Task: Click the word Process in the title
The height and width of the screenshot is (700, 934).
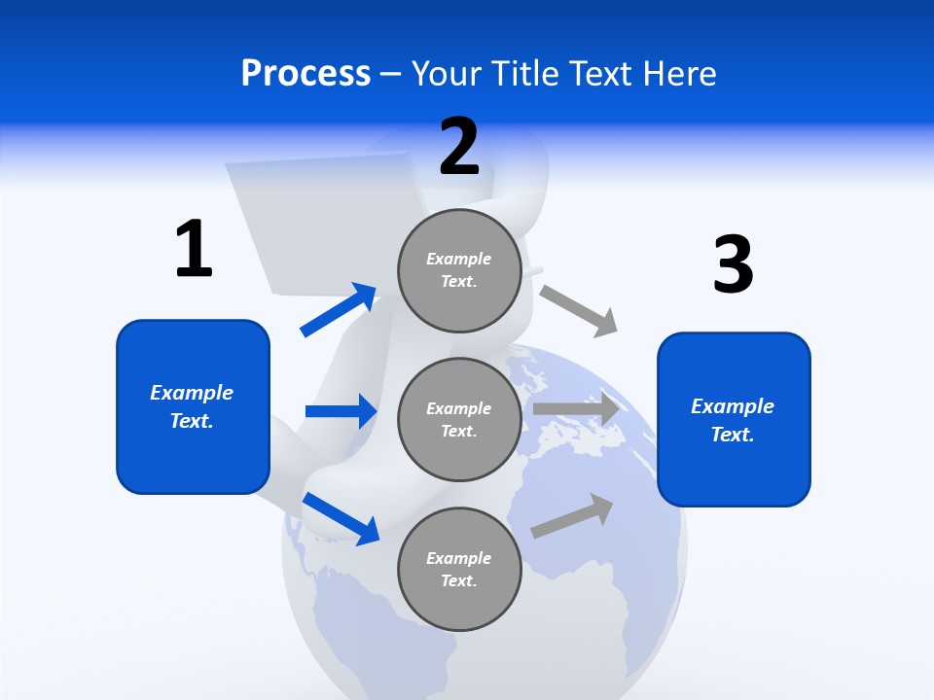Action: (x=305, y=74)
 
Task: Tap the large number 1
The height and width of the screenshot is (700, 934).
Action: (x=194, y=249)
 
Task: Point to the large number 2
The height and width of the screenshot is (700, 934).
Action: (x=459, y=147)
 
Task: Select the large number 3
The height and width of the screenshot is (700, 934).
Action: (x=733, y=264)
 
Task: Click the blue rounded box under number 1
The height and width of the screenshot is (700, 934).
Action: (x=193, y=406)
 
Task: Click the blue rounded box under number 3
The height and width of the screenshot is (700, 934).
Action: (x=734, y=419)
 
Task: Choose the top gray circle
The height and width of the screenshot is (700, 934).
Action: (x=459, y=270)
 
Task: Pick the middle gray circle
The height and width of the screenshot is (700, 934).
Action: (x=459, y=419)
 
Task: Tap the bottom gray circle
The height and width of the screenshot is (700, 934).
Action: (x=459, y=569)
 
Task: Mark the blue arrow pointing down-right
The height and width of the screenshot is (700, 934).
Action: (x=341, y=518)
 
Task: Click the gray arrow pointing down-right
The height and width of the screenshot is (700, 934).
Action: (x=579, y=310)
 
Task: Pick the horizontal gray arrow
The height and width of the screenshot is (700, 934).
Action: (x=576, y=409)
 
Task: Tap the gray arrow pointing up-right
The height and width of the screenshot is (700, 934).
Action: (x=572, y=515)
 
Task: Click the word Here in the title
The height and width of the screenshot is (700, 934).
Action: (x=680, y=74)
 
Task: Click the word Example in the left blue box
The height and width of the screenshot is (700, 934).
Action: (x=192, y=393)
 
